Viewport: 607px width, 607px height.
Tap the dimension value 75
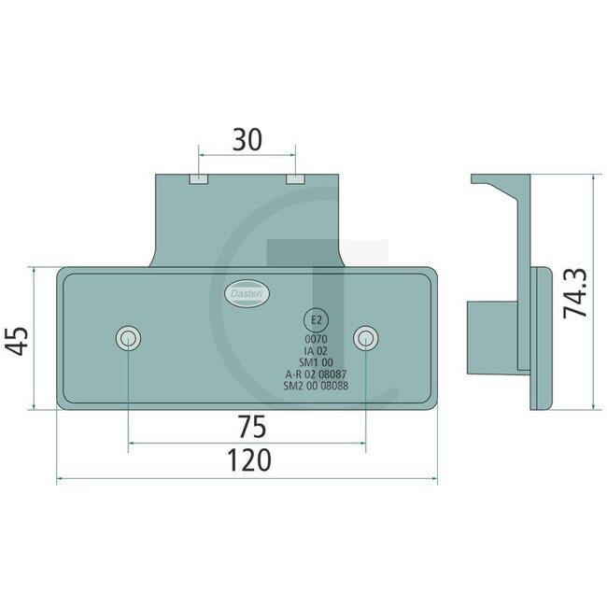[247, 427]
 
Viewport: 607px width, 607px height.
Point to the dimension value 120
[247, 459]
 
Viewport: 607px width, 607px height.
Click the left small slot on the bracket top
[198, 177]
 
